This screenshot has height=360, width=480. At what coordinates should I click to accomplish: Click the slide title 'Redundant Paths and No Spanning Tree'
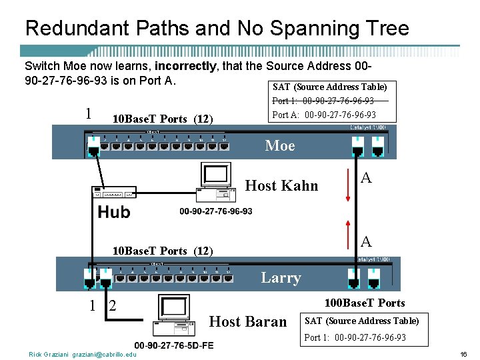point(217,29)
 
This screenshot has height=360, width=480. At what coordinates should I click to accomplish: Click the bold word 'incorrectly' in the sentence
point(185,66)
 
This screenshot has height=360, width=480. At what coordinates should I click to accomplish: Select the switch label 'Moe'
point(280,145)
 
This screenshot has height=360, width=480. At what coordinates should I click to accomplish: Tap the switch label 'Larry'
point(281,277)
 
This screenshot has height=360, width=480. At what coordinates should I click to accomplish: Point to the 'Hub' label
point(114,213)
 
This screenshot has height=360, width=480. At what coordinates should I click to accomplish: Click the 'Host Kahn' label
point(282,185)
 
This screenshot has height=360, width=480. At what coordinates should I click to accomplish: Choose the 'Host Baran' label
point(248,321)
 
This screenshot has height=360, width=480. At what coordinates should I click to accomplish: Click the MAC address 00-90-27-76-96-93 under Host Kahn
point(216,211)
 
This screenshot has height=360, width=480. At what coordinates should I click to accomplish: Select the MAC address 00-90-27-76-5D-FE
point(174,345)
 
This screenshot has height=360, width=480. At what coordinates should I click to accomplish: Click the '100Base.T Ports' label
point(364,303)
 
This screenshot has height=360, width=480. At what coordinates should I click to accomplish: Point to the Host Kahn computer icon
point(217,182)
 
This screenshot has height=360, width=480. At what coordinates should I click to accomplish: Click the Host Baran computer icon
point(175,315)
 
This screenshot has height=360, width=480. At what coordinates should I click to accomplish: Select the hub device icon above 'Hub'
point(114,192)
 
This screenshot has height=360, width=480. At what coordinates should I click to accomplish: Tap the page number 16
point(463,354)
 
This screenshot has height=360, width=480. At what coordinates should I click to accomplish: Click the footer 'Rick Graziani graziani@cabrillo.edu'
point(83,354)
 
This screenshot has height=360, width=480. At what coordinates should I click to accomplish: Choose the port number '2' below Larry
point(112,306)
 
